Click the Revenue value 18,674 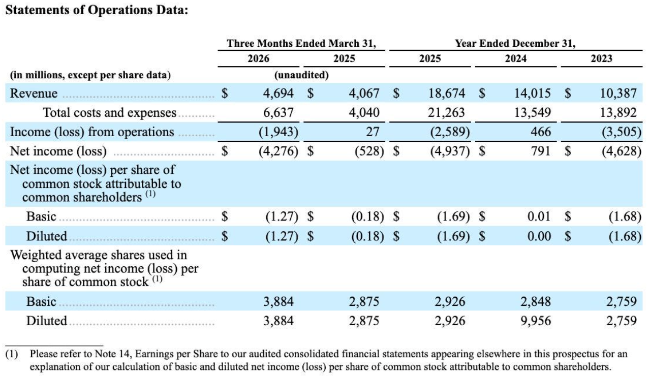[x=447, y=93]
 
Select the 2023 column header [x=602, y=58]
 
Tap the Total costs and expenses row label [x=109, y=113]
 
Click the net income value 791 [x=540, y=151]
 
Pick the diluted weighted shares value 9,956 [x=536, y=321]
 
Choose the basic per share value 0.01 [x=539, y=216]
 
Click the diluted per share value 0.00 [x=539, y=236]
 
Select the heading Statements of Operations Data [x=97, y=10]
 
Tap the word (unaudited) [x=301, y=75]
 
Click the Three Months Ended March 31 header [x=301, y=44]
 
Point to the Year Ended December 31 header [x=515, y=44]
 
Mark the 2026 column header [x=258, y=58]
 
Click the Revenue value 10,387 [x=618, y=93]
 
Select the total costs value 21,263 [x=446, y=113]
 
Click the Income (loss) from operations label [x=92, y=132]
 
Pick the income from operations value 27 [x=373, y=132]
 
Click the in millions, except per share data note [x=90, y=75]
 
